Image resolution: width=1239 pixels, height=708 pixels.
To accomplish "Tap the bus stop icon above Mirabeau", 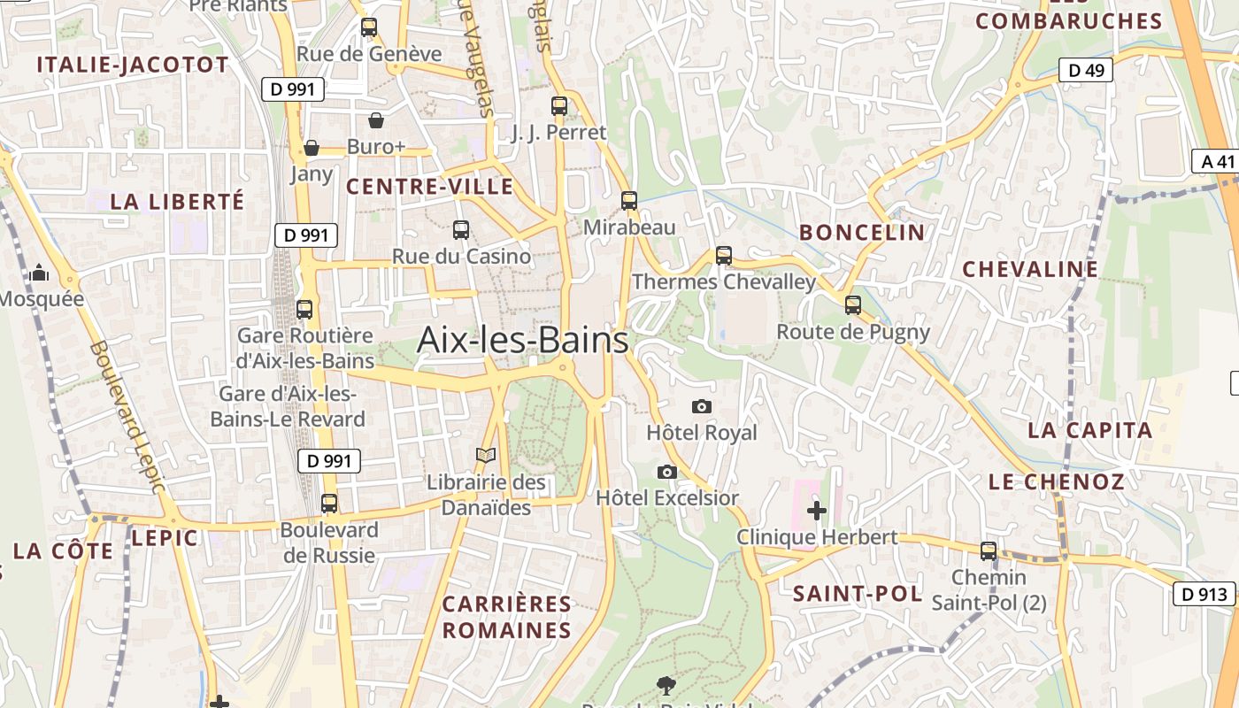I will click(629, 201).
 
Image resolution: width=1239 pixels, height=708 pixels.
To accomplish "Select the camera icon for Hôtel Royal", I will click(702, 406).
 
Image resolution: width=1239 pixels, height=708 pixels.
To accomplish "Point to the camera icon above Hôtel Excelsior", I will click(667, 472).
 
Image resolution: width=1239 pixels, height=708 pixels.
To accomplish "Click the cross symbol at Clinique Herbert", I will click(817, 511).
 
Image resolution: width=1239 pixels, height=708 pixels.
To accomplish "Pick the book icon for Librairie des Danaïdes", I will click(485, 456).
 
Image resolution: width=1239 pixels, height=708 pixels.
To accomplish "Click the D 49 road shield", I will click(1086, 70).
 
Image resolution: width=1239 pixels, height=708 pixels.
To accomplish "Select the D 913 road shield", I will click(1204, 594).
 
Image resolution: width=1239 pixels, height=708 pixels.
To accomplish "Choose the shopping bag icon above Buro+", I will click(376, 120).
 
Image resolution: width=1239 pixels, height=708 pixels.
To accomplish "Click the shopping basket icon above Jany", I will click(312, 148).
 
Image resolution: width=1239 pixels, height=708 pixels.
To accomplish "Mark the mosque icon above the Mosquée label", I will click(39, 273).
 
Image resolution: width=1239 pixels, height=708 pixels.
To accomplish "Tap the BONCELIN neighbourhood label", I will click(862, 233).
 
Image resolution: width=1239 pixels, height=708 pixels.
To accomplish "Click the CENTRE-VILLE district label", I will click(429, 187).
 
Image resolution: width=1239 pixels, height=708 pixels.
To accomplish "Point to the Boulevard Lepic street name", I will click(127, 417).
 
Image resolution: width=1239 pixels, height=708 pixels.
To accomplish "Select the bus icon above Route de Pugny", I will click(853, 305).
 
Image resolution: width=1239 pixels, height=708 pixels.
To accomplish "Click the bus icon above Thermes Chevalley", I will click(724, 256).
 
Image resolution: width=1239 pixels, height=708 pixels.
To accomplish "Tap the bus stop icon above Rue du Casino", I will click(461, 230).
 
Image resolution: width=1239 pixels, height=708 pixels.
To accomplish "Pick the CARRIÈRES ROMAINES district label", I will click(506, 618).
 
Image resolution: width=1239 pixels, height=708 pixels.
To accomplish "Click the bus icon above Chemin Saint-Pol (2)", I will click(989, 551).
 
